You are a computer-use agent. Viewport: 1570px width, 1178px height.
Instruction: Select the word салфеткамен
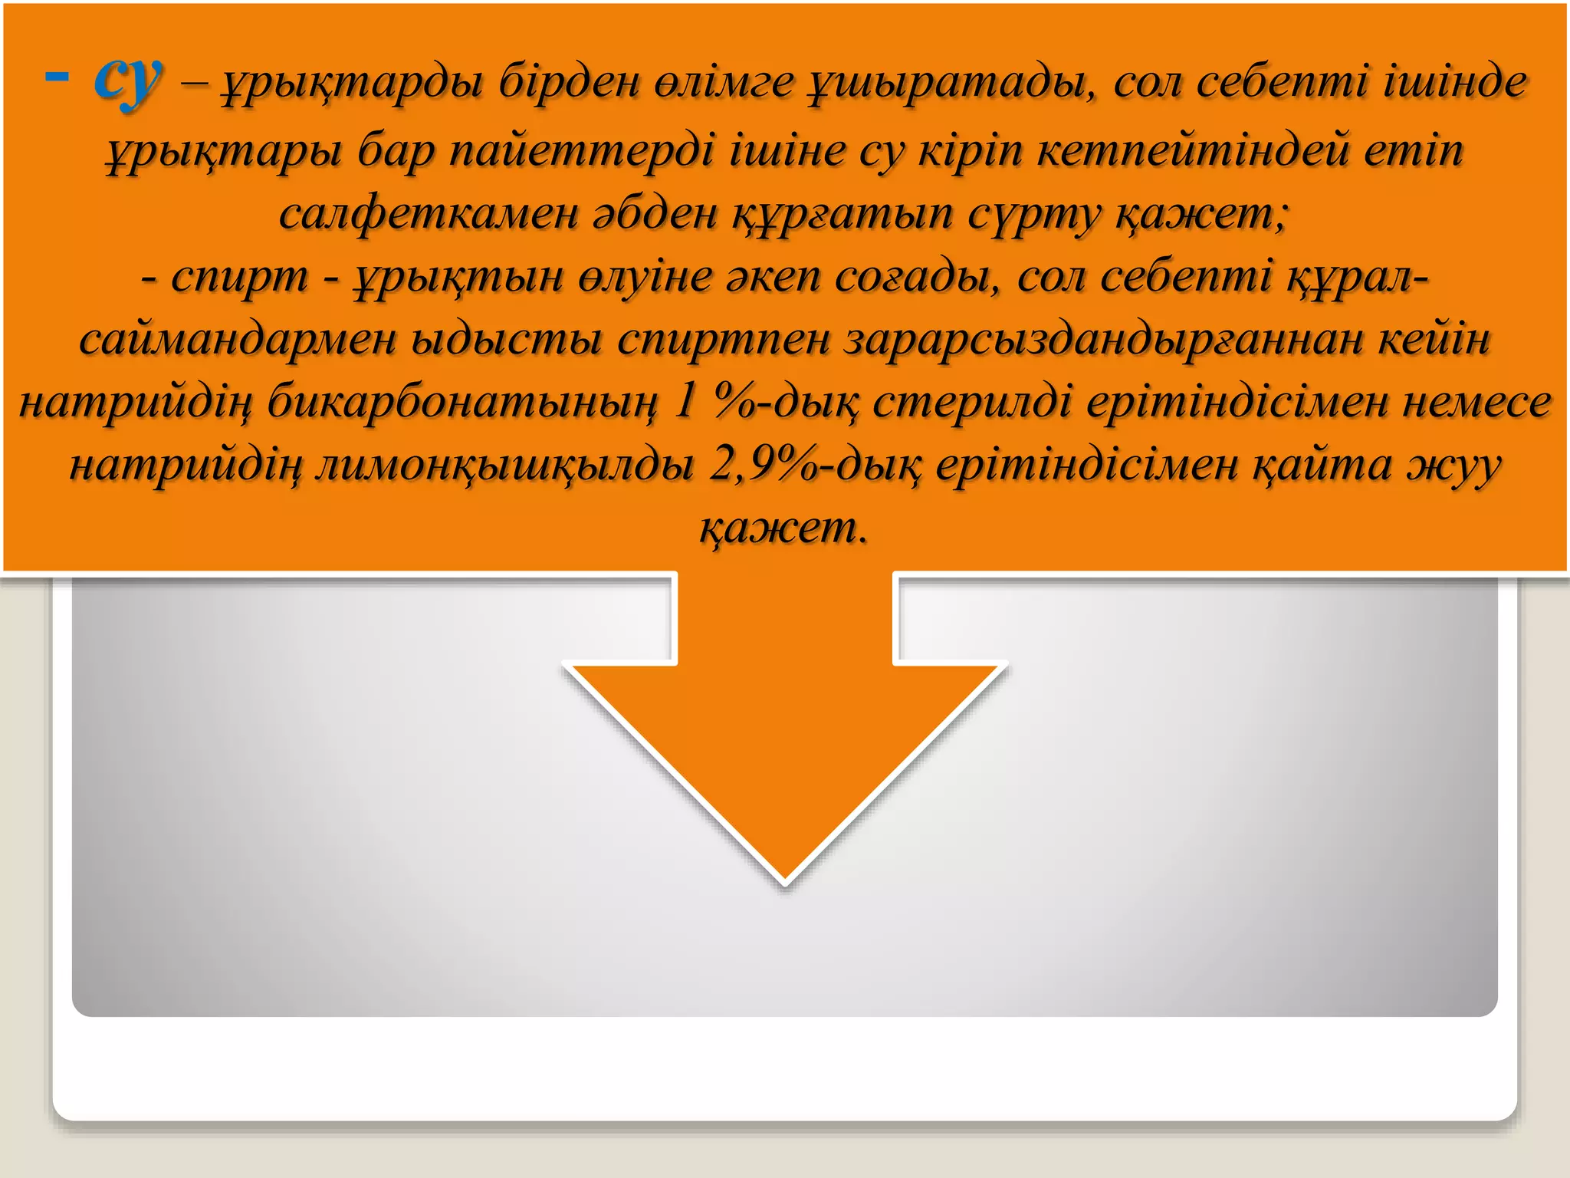pos(429,212)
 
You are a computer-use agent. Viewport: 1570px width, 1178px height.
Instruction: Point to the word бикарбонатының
pos(463,402)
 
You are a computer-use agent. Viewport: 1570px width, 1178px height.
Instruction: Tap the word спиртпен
pos(724,339)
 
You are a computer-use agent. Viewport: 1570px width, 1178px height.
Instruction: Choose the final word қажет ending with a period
pos(783,528)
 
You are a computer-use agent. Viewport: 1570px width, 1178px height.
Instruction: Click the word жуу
pos(1453,465)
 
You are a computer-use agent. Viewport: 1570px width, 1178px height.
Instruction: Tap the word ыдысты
pos(506,339)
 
